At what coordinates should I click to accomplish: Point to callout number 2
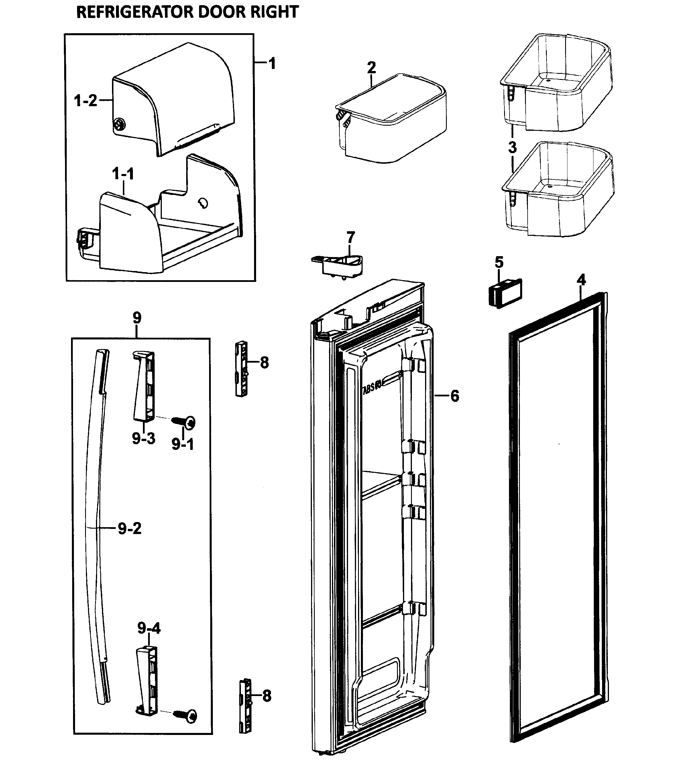click(371, 68)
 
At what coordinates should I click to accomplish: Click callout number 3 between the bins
click(512, 147)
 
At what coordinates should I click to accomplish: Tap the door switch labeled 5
click(503, 293)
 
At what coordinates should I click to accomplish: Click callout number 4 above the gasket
click(581, 280)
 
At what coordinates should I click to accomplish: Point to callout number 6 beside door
click(455, 396)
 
